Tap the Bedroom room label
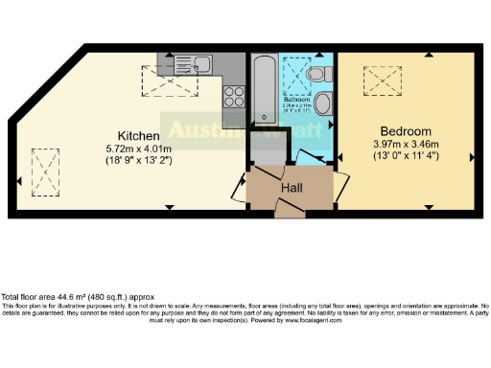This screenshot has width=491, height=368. coord(405,131)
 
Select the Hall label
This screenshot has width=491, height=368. coord(292,188)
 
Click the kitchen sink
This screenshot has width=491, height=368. coord(202,65)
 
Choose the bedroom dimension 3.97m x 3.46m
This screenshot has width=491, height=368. coord(405,145)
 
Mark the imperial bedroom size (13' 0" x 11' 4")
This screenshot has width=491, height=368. coord(405,157)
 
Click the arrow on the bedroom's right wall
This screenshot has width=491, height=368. coord(469,156)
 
